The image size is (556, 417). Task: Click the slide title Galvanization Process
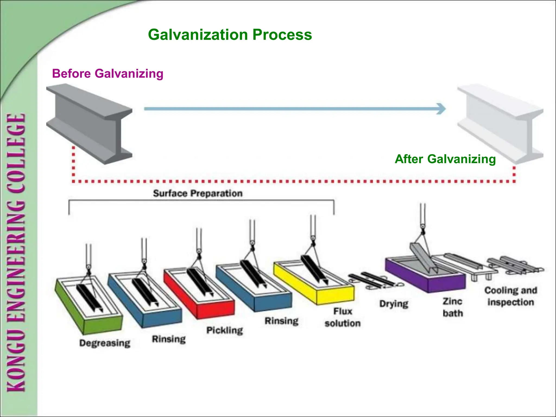[230, 35]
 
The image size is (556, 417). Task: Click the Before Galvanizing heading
[108, 74]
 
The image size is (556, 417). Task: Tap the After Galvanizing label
[445, 159]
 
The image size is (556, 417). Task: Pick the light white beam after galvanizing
[501, 124]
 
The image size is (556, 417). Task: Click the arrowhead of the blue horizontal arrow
[441, 109]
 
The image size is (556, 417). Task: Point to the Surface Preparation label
[198, 193]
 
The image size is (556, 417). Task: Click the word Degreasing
[105, 343]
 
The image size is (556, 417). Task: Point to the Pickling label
[225, 330]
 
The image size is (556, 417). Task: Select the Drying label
[394, 304]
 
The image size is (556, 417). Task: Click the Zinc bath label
[453, 307]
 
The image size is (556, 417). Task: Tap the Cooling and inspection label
[511, 296]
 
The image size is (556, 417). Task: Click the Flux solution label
[343, 317]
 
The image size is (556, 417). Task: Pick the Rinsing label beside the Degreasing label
[169, 339]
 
